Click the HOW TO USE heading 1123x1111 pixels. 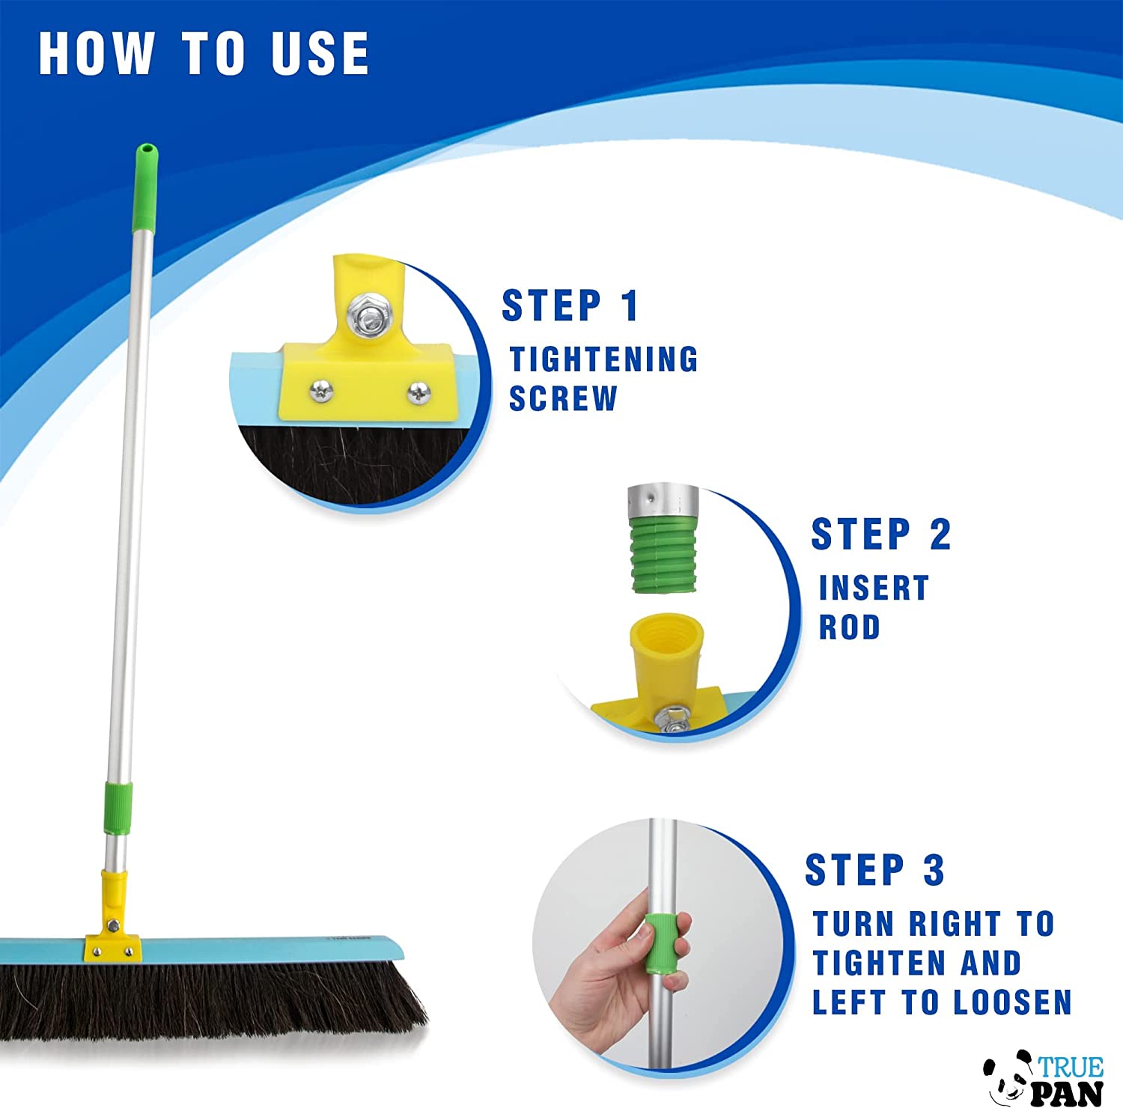pyautogui.click(x=204, y=53)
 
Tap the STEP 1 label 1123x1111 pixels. pyautogui.click(x=570, y=305)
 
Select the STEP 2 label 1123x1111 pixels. pyautogui.click(x=881, y=534)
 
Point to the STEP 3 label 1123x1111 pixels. pyautogui.click(x=874, y=870)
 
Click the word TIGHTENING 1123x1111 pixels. pyautogui.click(x=603, y=359)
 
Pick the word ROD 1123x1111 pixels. pyautogui.click(x=849, y=627)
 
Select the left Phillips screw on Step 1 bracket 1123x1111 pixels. pyautogui.click(x=321, y=388)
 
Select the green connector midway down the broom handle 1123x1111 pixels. pyautogui.click(x=118, y=809)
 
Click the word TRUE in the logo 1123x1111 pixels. pyautogui.click(x=1071, y=1066)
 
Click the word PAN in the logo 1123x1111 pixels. pyautogui.click(x=1067, y=1092)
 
